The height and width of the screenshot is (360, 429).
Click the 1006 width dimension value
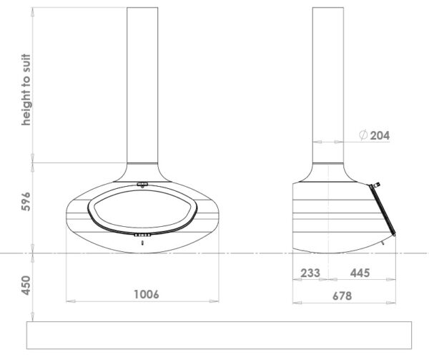147,294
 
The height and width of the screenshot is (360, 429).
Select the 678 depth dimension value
342,296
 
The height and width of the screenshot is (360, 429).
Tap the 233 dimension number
310,273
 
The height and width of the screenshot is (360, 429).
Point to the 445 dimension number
360,273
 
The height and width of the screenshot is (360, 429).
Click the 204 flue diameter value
380,135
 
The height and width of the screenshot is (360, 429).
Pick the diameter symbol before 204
363,135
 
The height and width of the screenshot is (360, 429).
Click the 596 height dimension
26,202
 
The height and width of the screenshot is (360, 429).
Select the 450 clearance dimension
26,286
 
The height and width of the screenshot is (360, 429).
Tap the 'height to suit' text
26,89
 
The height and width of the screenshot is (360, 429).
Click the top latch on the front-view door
142,185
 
